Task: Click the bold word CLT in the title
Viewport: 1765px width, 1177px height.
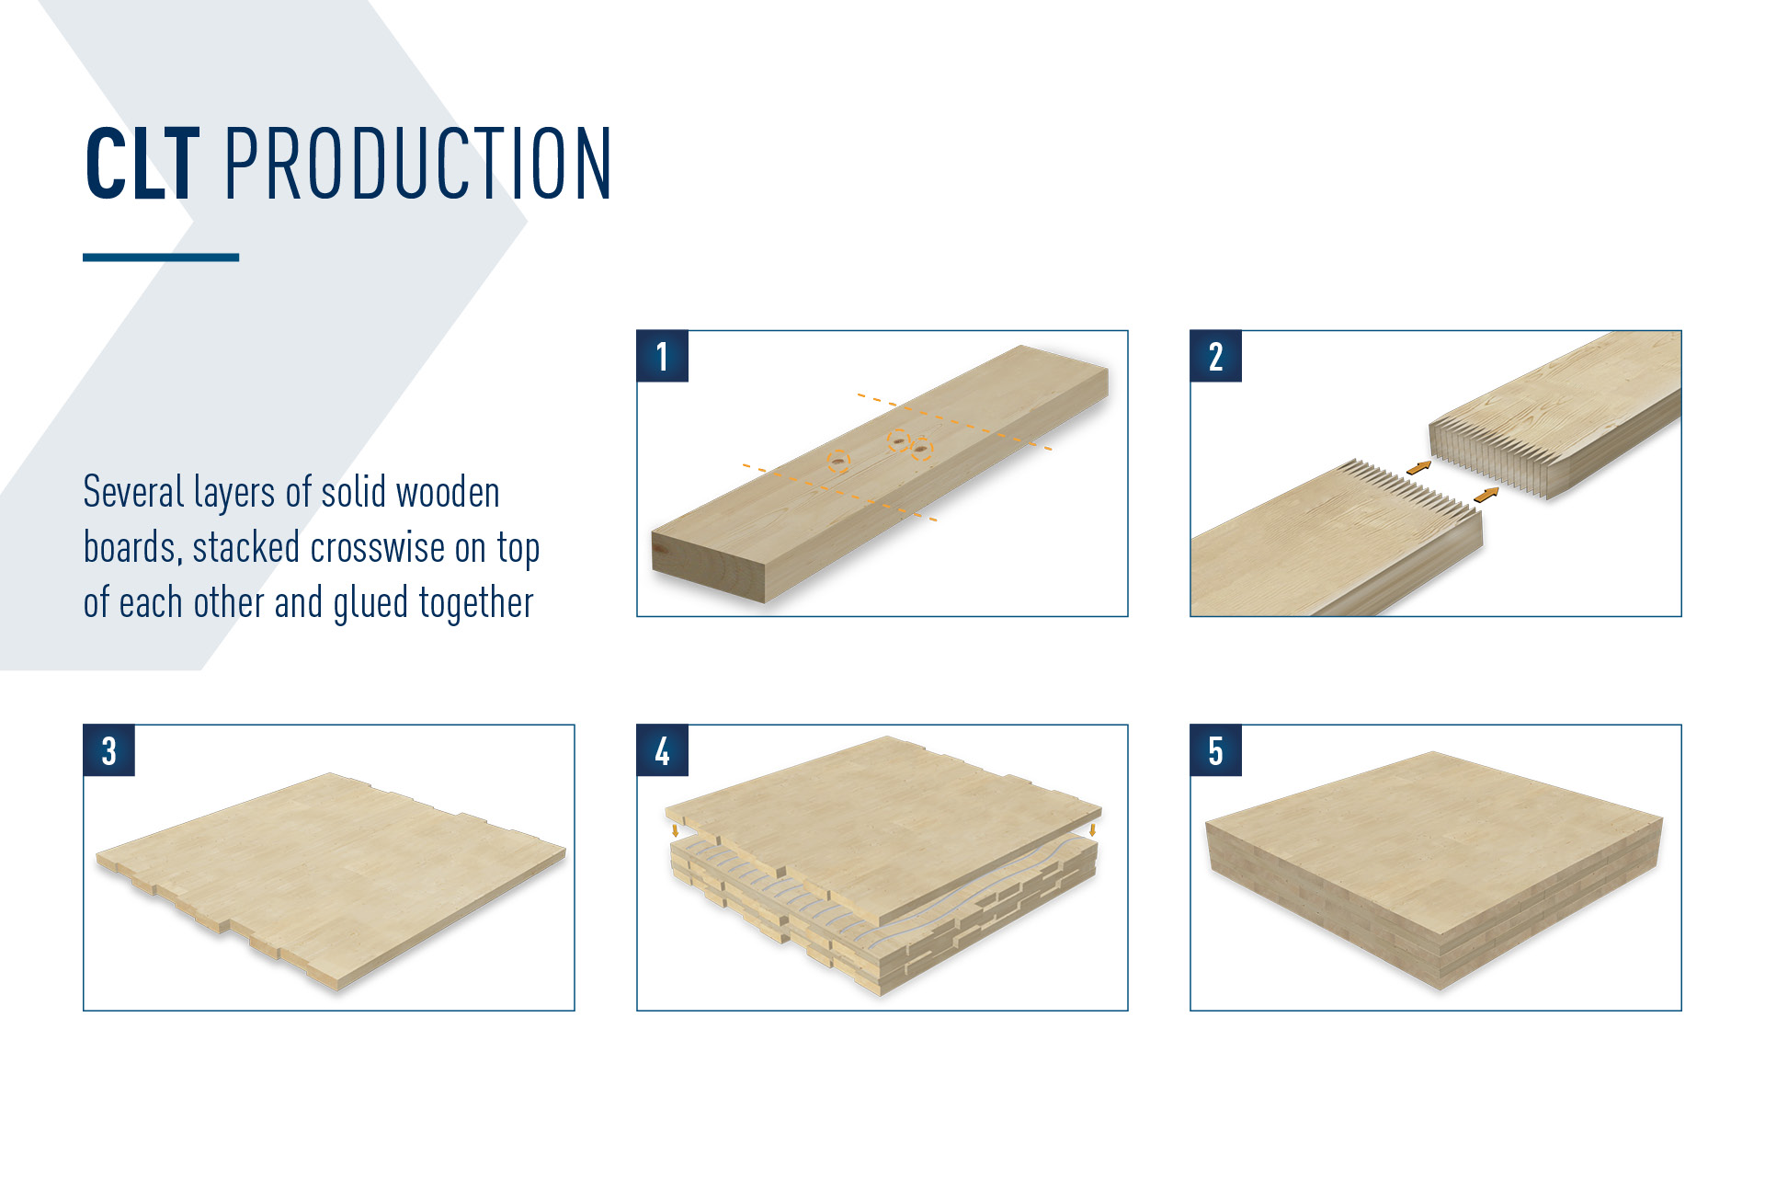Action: [x=142, y=164]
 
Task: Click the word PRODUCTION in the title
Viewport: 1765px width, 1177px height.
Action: [x=418, y=164]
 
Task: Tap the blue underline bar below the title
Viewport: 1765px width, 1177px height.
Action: [x=161, y=257]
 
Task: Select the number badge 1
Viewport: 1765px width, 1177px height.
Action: [x=662, y=357]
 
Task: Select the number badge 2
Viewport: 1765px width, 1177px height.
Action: [x=1215, y=357]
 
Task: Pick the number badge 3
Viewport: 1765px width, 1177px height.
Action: [x=108, y=750]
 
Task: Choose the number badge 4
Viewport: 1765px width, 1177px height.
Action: [x=662, y=750]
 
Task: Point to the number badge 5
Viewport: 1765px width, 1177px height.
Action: [x=1215, y=750]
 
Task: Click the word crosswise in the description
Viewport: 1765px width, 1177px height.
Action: [x=378, y=548]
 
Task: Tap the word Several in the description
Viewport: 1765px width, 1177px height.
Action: [x=133, y=492]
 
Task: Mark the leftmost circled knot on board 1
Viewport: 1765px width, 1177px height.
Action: [x=838, y=461]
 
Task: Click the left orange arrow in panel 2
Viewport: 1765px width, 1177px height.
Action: [x=1418, y=468]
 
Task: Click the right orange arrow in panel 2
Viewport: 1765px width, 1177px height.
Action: [x=1486, y=496]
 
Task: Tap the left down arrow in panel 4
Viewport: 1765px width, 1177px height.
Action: [x=676, y=830]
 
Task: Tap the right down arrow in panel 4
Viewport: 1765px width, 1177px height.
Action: [x=1092, y=829]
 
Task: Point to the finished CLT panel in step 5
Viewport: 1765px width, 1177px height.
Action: [x=1434, y=869]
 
